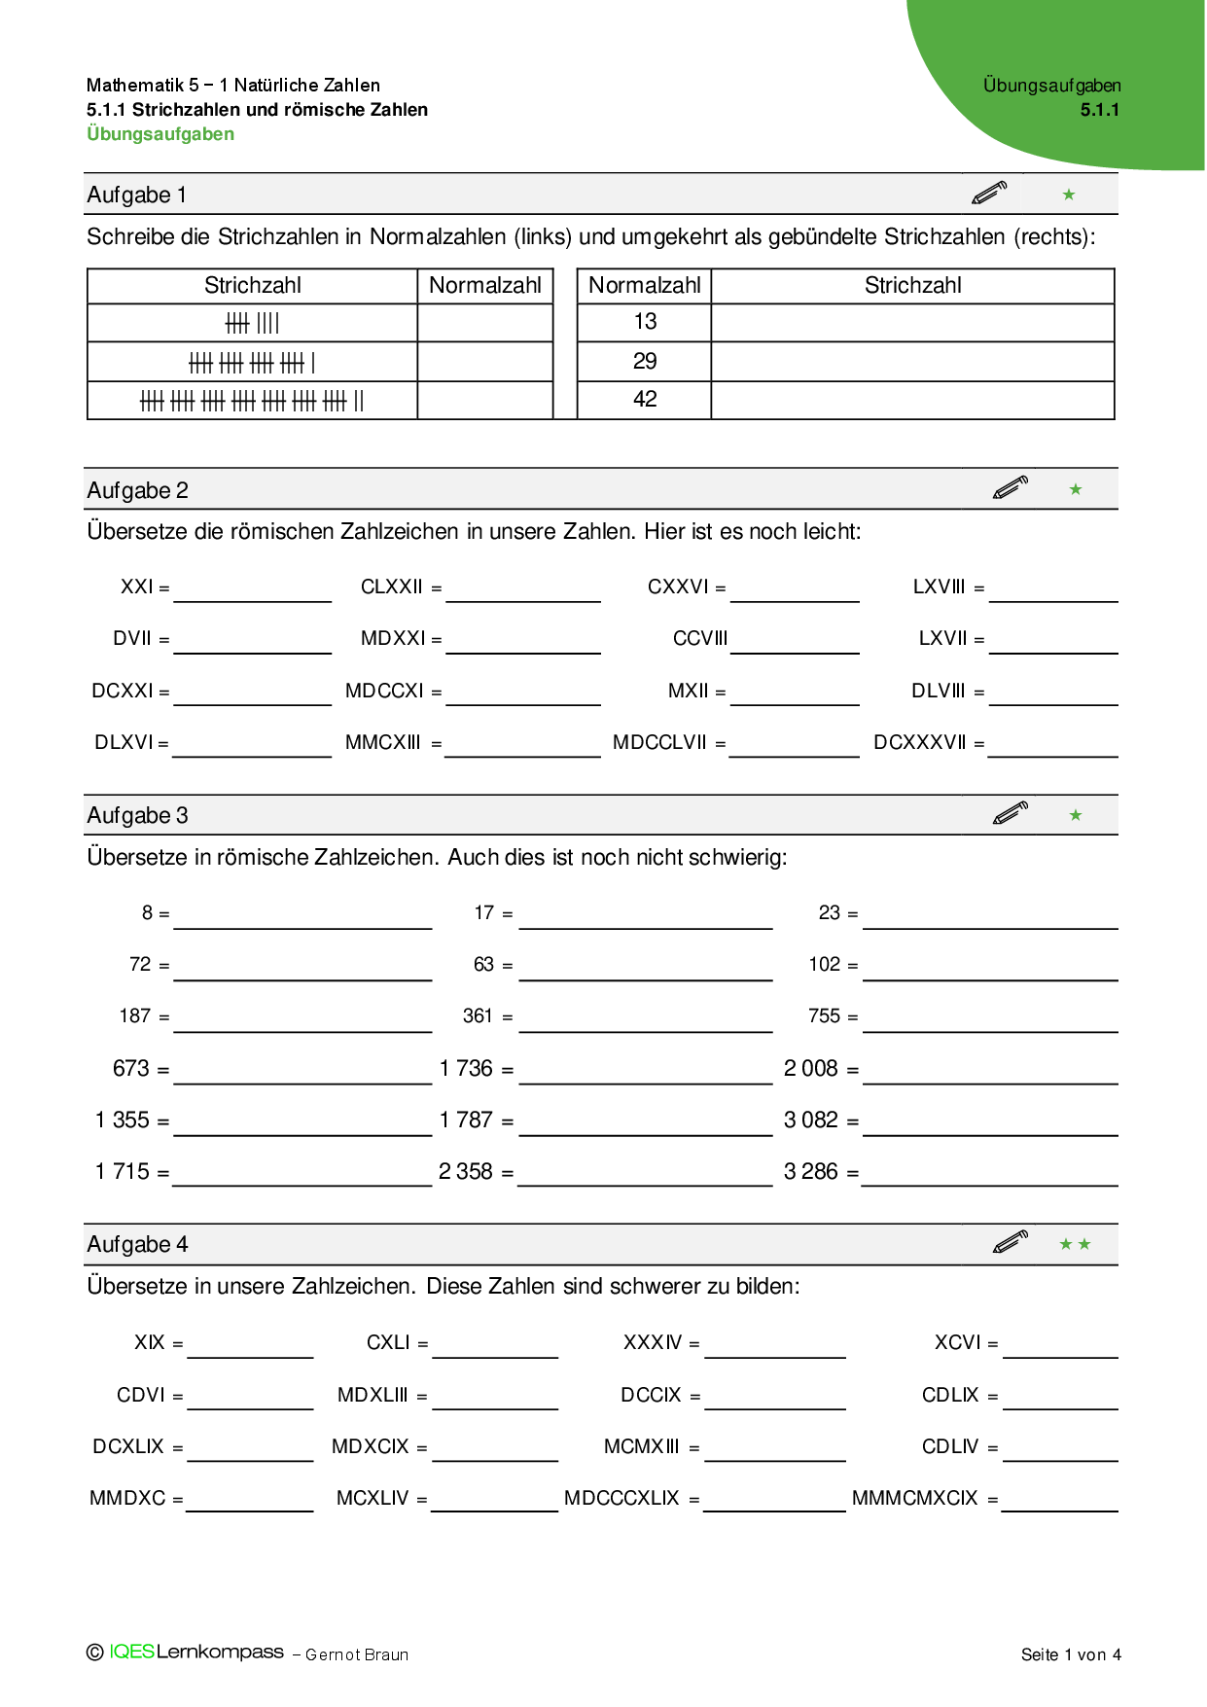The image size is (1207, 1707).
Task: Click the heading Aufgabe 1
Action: [x=136, y=196]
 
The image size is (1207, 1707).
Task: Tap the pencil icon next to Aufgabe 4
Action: [x=1011, y=1242]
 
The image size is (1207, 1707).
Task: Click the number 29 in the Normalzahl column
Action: [x=645, y=362]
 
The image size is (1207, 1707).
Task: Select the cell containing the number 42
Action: [x=645, y=400]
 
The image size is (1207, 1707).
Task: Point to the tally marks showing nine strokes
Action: [x=252, y=323]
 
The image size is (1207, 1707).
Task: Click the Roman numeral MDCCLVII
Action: [x=659, y=743]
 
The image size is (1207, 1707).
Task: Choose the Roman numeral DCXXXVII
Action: [x=920, y=743]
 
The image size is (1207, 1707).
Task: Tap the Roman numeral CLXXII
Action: [x=392, y=587]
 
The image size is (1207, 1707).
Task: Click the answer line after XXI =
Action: [x=253, y=599]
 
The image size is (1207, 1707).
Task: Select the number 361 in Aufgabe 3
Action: [x=478, y=1016]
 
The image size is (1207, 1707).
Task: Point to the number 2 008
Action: [x=811, y=1069]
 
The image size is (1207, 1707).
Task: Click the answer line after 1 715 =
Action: [x=302, y=1184]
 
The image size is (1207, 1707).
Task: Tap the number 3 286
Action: [x=811, y=1172]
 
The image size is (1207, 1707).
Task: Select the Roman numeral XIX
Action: [x=150, y=1343]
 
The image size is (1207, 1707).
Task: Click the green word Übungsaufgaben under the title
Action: [x=160, y=134]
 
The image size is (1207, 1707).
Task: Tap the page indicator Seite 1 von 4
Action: [x=1071, y=1654]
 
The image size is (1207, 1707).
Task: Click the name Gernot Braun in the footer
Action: [x=357, y=1655]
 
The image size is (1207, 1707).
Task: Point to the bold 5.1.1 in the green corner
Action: [x=1099, y=110]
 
